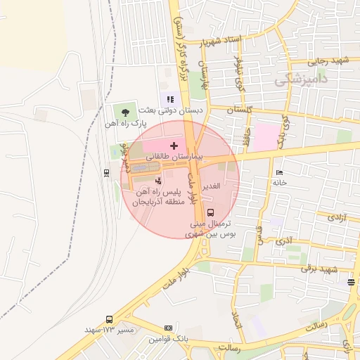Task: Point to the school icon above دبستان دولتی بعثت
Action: pos(170,99)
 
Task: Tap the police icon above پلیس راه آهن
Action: pos(157,181)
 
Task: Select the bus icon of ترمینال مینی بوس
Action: pos(212,212)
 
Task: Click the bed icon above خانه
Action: pos(280,172)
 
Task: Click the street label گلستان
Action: pos(240,110)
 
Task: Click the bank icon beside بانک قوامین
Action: pos(168,328)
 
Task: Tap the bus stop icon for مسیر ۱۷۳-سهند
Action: pos(109,319)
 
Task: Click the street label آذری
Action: pos(284,240)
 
